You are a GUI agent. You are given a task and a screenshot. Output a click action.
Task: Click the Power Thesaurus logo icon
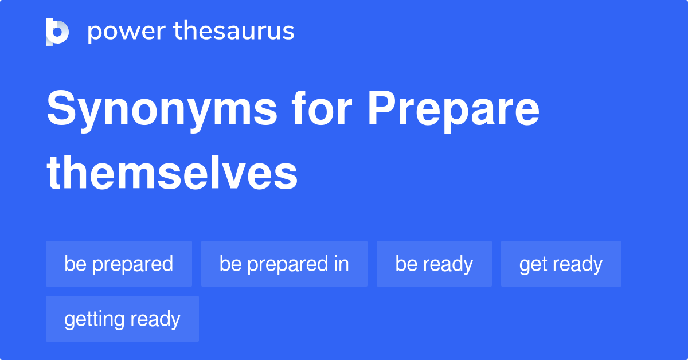click(57, 32)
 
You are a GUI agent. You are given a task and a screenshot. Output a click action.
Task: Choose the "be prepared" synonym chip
click(119, 264)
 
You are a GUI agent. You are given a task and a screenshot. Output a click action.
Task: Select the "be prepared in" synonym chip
click(284, 264)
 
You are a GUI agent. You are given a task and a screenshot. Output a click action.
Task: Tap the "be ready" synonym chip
click(434, 264)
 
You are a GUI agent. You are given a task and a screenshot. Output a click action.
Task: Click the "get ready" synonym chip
click(561, 264)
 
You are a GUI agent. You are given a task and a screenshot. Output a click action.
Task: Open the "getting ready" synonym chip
click(122, 319)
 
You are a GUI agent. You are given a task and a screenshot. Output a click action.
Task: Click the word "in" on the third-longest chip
click(342, 264)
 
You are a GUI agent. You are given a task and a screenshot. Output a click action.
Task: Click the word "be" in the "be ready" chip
click(406, 264)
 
